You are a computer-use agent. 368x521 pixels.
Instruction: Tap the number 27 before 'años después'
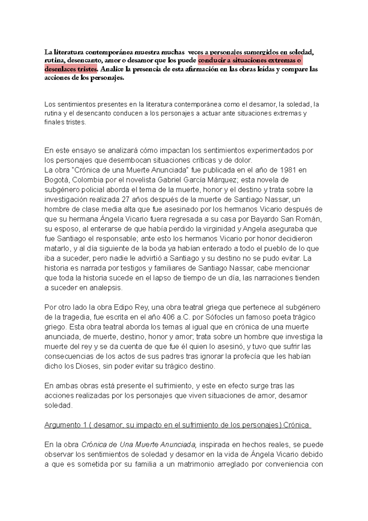point(126,199)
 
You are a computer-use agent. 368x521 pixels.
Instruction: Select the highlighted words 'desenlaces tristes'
point(71,69)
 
